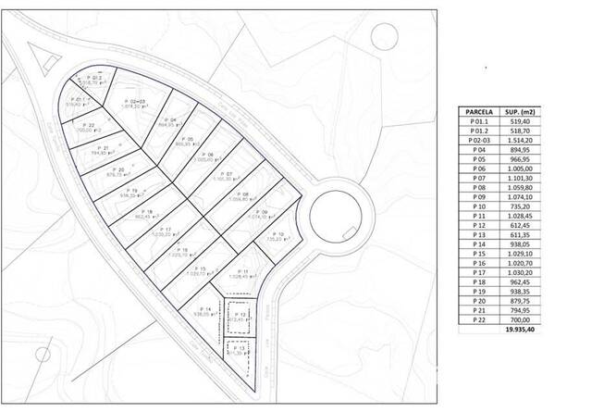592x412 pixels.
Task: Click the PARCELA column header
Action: [477, 111]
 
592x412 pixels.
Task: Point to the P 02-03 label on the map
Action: [130, 101]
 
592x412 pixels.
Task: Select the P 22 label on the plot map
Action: [89, 125]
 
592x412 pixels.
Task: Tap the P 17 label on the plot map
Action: [166, 230]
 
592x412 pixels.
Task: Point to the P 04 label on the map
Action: [168, 120]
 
